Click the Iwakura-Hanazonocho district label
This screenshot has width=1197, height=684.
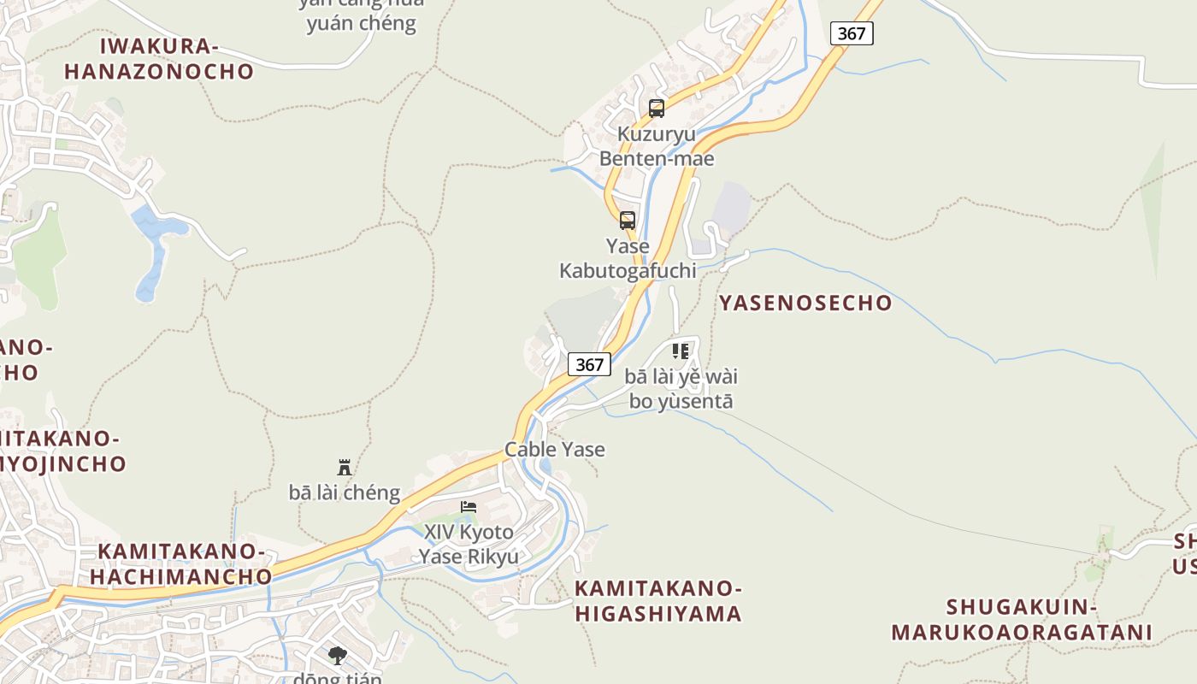(159, 58)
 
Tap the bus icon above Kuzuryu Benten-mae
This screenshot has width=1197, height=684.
(657, 109)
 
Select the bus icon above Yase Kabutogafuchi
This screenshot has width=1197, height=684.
(628, 221)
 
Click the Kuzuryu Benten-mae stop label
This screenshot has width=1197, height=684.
(657, 146)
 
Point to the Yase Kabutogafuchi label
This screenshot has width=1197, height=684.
(628, 258)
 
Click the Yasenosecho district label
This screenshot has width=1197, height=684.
(805, 303)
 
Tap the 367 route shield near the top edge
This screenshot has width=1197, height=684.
(852, 33)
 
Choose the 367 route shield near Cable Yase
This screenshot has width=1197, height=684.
(589, 364)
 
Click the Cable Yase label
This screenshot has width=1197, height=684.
(555, 449)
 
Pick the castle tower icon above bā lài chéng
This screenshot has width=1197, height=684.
(345, 468)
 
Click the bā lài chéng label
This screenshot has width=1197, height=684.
(345, 492)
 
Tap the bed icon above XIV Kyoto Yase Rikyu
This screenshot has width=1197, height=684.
(469, 507)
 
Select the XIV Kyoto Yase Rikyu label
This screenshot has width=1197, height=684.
(469, 545)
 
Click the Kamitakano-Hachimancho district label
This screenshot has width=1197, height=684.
(180, 563)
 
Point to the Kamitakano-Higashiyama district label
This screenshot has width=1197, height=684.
(657, 601)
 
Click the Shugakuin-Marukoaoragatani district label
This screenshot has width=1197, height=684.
(1022, 620)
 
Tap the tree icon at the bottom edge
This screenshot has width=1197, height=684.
(338, 656)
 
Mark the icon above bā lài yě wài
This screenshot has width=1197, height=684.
(681, 351)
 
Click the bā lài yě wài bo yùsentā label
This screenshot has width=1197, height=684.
(681, 389)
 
